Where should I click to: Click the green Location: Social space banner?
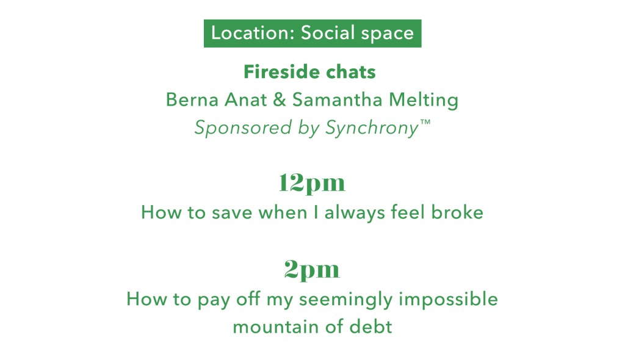click(x=312, y=34)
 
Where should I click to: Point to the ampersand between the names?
click(x=280, y=99)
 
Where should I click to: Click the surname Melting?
click(x=424, y=100)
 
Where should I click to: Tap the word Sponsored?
click(x=243, y=128)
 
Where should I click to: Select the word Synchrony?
click(x=372, y=128)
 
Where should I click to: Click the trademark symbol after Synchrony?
click(x=425, y=122)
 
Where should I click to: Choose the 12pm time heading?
click(x=312, y=184)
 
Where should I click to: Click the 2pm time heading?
click(x=312, y=270)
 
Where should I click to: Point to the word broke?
click(x=457, y=212)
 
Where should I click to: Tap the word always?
click(x=355, y=213)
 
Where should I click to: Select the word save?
click(x=232, y=214)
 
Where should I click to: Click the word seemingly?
click(x=346, y=300)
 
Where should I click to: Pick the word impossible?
click(x=449, y=300)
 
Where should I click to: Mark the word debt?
click(x=370, y=327)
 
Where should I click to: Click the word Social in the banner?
click(x=328, y=33)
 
